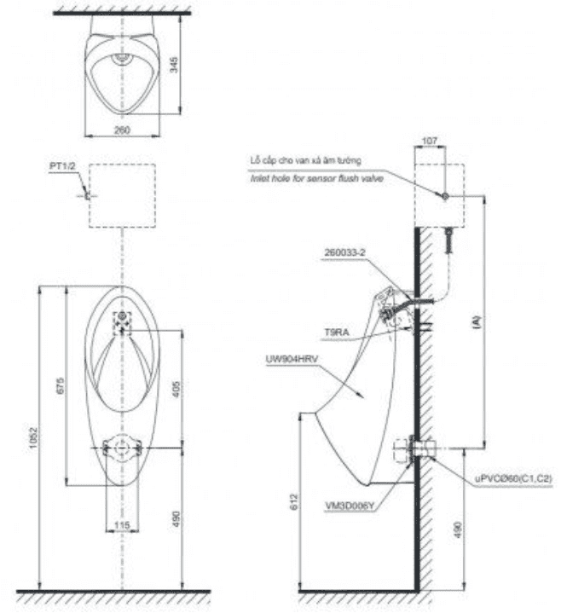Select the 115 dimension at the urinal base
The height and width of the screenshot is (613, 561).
coord(123,528)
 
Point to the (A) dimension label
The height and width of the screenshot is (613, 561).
coord(477,321)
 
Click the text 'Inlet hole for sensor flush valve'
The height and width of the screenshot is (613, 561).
coord(316,179)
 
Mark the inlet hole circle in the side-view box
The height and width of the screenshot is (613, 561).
coord(444,197)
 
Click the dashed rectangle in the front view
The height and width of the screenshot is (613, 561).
coord(124,195)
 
